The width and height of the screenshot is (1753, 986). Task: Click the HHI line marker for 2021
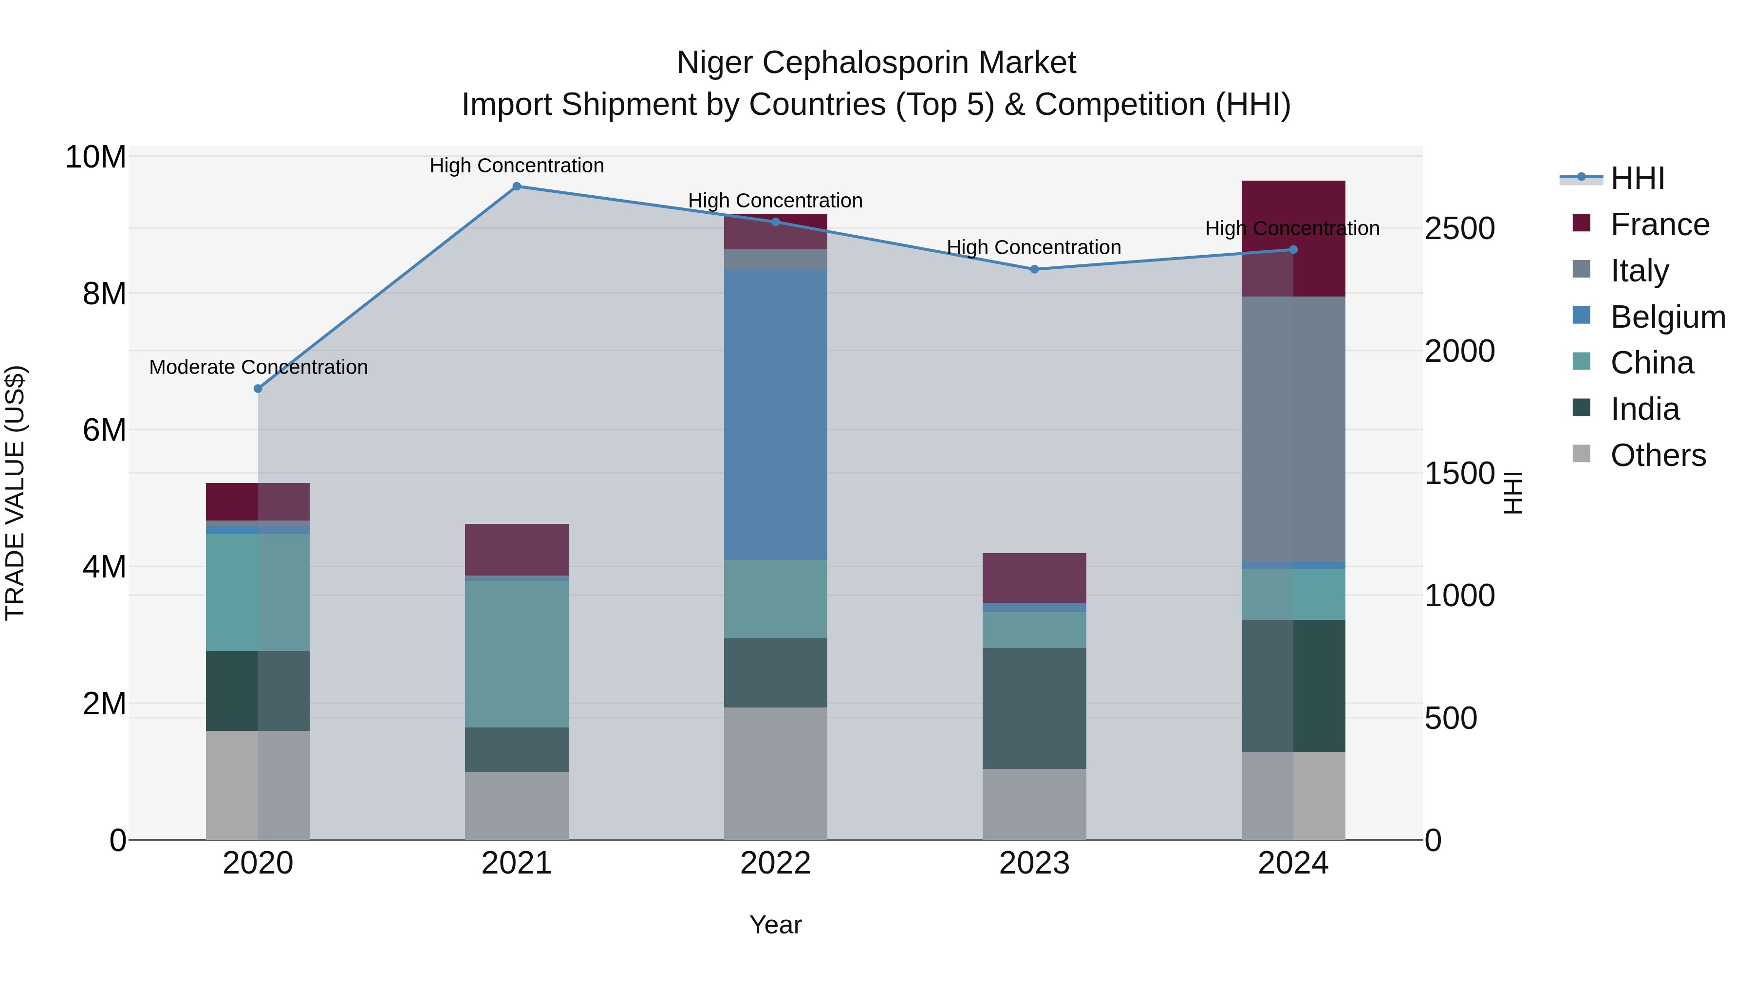point(517,186)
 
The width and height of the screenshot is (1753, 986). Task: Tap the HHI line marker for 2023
point(1034,269)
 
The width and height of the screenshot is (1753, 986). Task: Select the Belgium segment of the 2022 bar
point(775,414)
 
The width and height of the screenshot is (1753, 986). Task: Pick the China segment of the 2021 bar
point(517,653)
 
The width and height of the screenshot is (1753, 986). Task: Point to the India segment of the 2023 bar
point(1034,707)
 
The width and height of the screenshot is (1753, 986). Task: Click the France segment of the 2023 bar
point(1034,577)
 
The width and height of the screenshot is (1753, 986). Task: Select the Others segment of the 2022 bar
point(775,773)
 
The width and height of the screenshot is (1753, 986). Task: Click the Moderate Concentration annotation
point(259,368)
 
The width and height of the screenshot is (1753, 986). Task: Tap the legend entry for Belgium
point(1667,317)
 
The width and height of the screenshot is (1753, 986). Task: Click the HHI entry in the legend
point(1637,178)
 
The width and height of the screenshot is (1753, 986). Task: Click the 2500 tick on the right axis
point(1460,229)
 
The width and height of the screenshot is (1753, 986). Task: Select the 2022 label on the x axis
point(775,863)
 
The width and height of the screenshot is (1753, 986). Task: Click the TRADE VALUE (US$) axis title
point(15,493)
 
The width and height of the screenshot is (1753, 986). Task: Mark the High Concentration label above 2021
point(517,166)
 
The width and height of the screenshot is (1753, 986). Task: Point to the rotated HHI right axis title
point(1513,493)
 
